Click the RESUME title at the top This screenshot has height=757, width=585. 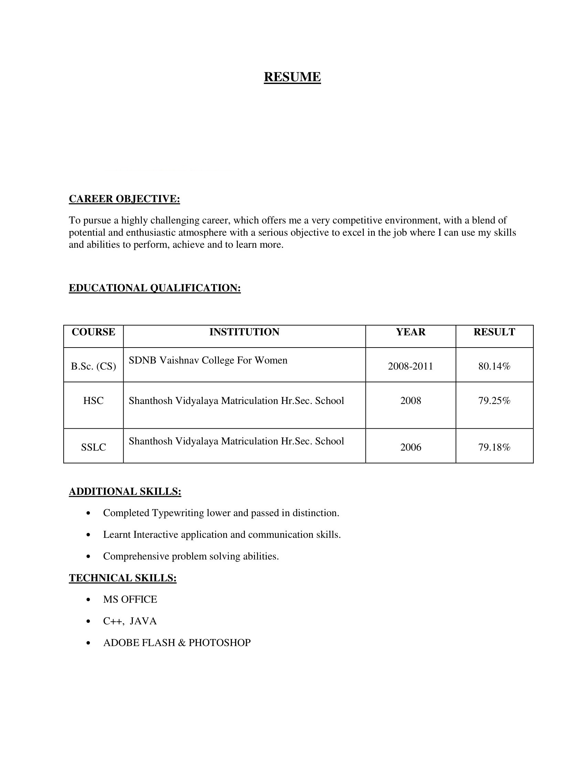click(x=292, y=77)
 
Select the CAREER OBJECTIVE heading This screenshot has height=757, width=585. click(x=125, y=199)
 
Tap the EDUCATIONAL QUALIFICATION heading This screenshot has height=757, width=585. click(x=155, y=288)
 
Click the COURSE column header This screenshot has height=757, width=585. click(x=93, y=332)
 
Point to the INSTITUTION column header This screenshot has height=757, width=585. click(x=244, y=332)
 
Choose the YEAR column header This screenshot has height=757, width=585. click(x=410, y=332)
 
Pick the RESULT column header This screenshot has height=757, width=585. click(x=494, y=332)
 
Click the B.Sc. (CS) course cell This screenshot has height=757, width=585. click(x=93, y=366)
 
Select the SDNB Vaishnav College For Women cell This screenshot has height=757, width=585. click(x=208, y=361)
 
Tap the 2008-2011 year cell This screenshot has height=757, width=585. click(x=410, y=366)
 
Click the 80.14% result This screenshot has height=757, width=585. click(x=494, y=366)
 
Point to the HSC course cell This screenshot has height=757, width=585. click(x=93, y=401)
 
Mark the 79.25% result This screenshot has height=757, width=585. click(x=494, y=401)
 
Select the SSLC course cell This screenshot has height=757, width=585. click(x=93, y=447)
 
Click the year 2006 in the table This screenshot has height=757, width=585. click(x=410, y=447)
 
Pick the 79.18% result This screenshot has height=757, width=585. click(x=494, y=447)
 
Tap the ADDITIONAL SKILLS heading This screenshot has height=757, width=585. click(x=125, y=491)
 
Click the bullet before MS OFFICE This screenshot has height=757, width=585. click(x=89, y=600)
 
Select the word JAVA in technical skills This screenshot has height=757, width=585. click(x=143, y=621)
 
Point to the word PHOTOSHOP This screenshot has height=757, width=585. click(x=220, y=643)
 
